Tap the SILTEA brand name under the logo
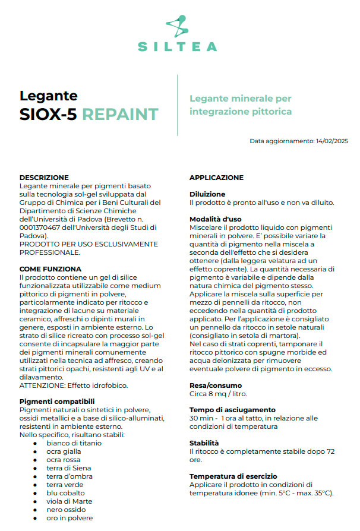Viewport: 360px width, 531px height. [178, 46]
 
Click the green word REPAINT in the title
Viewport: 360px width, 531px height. [120, 114]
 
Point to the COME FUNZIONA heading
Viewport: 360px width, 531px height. [50, 269]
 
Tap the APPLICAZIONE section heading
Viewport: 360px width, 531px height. [216, 178]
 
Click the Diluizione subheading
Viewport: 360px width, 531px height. [207, 194]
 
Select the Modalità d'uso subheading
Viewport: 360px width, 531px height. [215, 219]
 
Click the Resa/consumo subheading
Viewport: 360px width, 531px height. [216, 385]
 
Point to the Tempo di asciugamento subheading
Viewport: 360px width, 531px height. [232, 410]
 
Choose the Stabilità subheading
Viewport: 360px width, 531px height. [204, 443]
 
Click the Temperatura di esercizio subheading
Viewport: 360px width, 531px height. [233, 476]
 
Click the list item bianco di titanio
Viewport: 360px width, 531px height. [74, 443]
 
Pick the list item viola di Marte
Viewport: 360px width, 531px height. [70, 501]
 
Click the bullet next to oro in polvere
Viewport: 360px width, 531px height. [36, 518]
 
